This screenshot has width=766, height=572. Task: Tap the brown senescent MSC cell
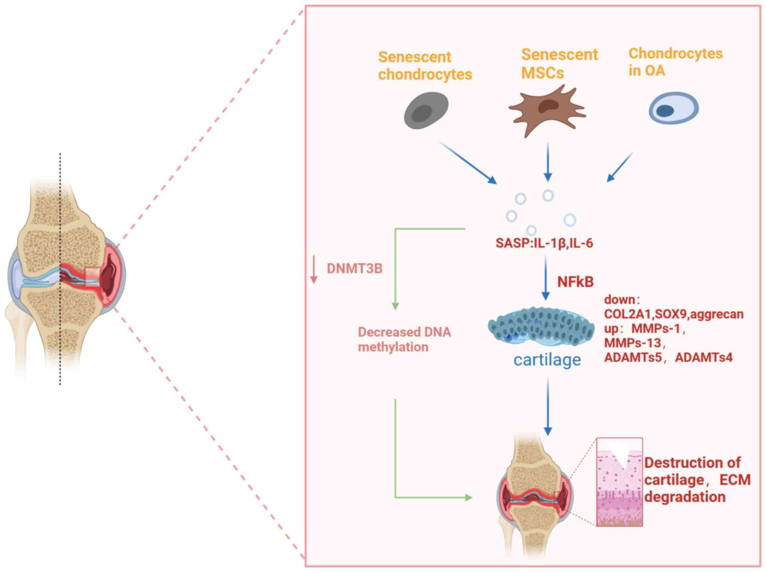click(x=547, y=110)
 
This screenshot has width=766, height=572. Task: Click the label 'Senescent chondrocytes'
click(x=425, y=66)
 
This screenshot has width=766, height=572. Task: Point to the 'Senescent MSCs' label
click(x=559, y=63)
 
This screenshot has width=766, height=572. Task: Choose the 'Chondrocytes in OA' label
click(x=675, y=62)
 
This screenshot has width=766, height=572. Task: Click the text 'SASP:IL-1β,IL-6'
click(x=544, y=243)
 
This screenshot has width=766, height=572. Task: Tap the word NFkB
click(x=575, y=281)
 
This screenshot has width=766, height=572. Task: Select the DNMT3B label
click(x=354, y=268)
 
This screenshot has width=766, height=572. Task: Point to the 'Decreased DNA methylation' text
click(x=404, y=339)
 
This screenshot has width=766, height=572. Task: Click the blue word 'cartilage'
click(x=547, y=360)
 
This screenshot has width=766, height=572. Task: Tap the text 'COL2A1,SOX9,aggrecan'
click(x=674, y=314)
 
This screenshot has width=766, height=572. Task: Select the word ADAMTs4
click(x=703, y=357)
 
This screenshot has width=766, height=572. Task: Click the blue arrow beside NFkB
click(x=545, y=278)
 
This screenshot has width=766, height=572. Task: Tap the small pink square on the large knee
click(x=92, y=277)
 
